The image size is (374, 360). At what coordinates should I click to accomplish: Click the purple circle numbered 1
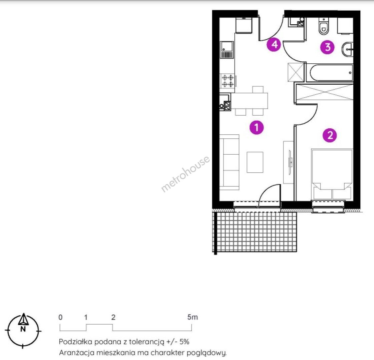pos(257,127)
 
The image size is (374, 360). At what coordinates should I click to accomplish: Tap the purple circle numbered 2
pos(330,135)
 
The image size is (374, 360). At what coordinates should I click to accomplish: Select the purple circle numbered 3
pos(328,47)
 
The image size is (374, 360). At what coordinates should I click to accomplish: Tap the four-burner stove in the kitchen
pos(228,81)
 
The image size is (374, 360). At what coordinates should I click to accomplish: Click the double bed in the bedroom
pos(332,174)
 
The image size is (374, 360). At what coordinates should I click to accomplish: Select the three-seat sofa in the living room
pos(229,162)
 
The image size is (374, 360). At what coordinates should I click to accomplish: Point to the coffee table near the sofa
pos(255,162)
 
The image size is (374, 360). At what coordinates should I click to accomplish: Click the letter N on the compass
pos(23,329)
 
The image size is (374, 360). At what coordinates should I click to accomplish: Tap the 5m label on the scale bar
pos(193,317)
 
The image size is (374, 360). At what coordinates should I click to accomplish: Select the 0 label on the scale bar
pos(61,317)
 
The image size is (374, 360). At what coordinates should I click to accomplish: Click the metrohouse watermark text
pos(185,174)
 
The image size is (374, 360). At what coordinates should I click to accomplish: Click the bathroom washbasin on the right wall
pos(348,50)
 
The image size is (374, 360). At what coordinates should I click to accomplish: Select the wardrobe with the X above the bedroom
pos(324,92)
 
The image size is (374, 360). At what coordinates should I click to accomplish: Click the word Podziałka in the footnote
pos(75,342)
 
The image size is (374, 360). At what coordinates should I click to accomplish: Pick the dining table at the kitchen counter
pos(250,101)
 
